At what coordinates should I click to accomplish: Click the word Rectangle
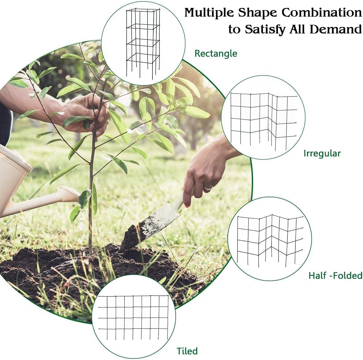[216, 54]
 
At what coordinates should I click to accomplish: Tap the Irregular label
[322, 154]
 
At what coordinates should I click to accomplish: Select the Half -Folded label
[335, 275]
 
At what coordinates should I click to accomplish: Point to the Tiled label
[187, 351]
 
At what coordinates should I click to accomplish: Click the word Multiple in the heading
[209, 13]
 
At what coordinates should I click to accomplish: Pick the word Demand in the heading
[335, 29]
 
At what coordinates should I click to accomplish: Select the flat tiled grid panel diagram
[133, 318]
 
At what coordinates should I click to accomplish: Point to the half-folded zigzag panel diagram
[270, 240]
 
